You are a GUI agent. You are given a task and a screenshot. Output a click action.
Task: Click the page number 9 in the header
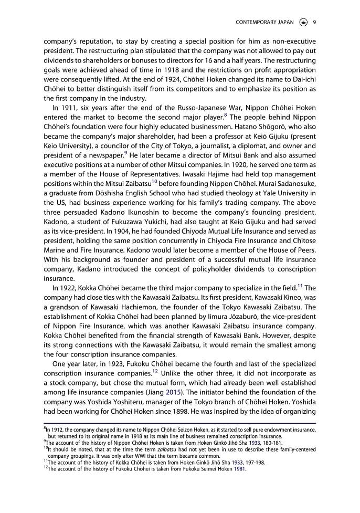pyautogui.click(x=314, y=22)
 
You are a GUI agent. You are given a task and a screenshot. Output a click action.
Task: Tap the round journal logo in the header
pyautogui.click(x=303, y=22)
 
